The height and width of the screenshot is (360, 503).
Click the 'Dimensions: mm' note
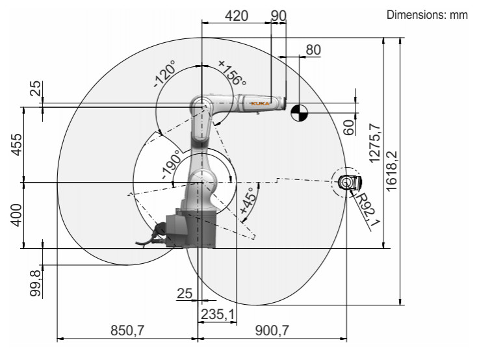click(x=427, y=15)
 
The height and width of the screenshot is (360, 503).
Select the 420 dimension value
click(x=237, y=16)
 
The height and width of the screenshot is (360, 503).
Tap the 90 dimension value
click(x=278, y=16)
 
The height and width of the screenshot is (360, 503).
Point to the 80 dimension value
click(x=313, y=50)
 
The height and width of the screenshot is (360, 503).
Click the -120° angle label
click(x=165, y=73)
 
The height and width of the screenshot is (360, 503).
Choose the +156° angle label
click(x=232, y=73)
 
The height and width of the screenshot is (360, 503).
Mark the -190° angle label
click(x=171, y=164)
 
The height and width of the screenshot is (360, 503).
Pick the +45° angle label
click(x=249, y=199)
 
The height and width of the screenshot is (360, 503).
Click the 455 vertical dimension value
click(x=17, y=144)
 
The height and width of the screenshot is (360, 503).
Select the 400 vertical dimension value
click(x=17, y=214)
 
